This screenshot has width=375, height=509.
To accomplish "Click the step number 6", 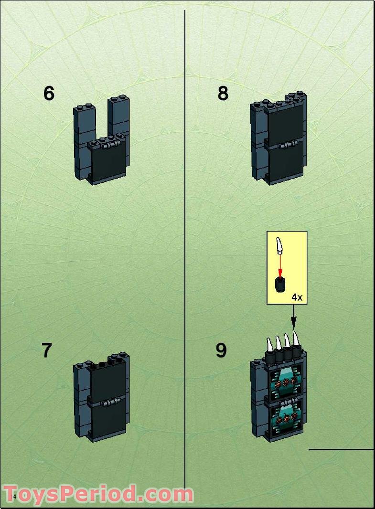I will pos(49,93).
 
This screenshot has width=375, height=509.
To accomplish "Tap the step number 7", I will pos(46,350).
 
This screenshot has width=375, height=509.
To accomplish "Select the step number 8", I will pos(223,93).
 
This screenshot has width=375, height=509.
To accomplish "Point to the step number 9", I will pos(221,350).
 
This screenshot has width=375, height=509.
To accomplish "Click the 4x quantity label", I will pos(297,297).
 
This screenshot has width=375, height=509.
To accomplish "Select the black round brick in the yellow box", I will pos(280,284).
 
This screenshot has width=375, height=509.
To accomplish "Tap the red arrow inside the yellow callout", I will pos(280,265).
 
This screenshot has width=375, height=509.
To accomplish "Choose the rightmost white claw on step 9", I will pos(297,339).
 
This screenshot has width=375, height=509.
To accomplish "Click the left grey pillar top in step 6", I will pos(82,109).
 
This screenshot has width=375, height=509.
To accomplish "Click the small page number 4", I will pos(14,497).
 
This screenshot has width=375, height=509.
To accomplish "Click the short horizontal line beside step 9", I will pos(341,449).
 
